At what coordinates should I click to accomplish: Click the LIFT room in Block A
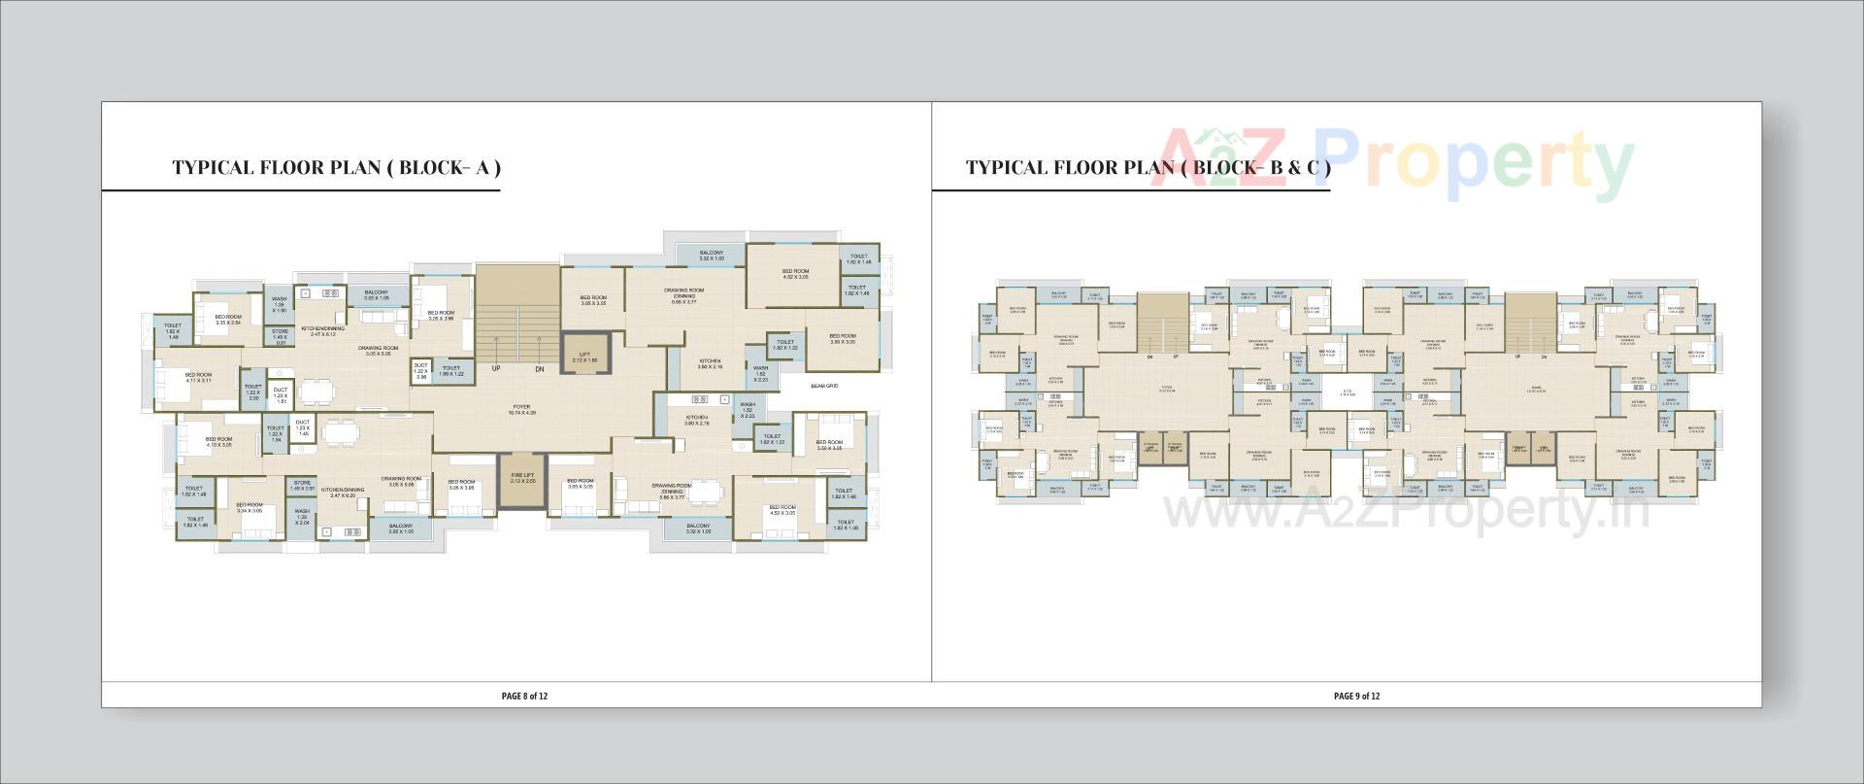pyautogui.click(x=584, y=357)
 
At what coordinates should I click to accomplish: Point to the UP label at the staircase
pyautogui.click(x=495, y=369)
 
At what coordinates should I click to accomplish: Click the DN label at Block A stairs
pyautogui.click(x=539, y=369)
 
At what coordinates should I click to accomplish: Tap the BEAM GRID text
pyautogui.click(x=823, y=387)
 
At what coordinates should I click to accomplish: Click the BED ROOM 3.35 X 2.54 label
pyautogui.click(x=228, y=320)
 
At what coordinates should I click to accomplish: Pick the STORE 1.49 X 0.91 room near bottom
pyautogui.click(x=302, y=485)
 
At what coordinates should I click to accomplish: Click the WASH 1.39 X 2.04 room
pyautogui.click(x=302, y=516)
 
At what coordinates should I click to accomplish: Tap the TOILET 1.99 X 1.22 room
pyautogui.click(x=451, y=370)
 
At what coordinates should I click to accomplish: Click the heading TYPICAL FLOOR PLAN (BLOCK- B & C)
pyautogui.click(x=1148, y=167)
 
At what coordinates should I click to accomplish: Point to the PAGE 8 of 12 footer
pyautogui.click(x=524, y=696)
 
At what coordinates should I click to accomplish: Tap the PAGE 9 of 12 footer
pyautogui.click(x=1356, y=696)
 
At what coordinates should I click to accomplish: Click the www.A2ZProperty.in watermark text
pyautogui.click(x=1407, y=509)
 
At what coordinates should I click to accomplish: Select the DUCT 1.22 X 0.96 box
pyautogui.click(x=420, y=370)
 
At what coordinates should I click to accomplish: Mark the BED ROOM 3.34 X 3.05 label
pyautogui.click(x=249, y=507)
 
